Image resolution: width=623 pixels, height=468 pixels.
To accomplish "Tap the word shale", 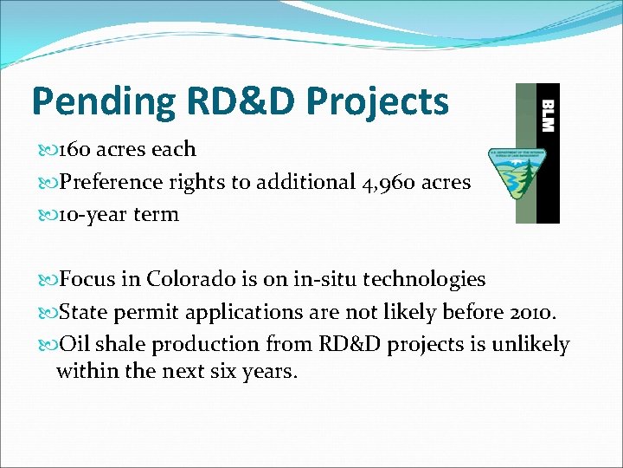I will [x=121, y=344].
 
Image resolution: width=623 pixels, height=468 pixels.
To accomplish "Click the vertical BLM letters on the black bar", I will [x=547, y=114].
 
